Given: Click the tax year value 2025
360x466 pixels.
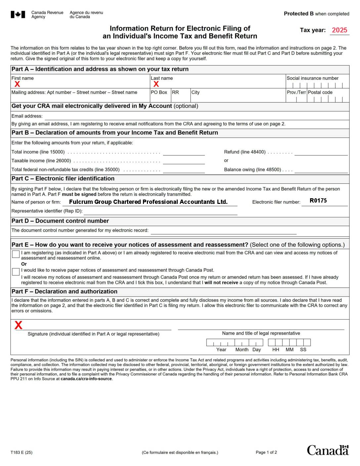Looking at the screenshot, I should click(339, 30).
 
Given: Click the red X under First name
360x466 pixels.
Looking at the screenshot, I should click(17, 84).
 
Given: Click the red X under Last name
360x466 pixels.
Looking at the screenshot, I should click(156, 84).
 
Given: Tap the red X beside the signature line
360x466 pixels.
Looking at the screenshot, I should click(19, 325).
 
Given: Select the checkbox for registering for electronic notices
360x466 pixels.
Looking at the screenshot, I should click(16, 254).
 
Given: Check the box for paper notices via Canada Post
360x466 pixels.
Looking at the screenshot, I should click(16, 272).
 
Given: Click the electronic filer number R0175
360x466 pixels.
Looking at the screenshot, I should click(318, 201).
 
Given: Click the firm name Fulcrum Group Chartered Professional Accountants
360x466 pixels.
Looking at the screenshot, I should click(148, 202).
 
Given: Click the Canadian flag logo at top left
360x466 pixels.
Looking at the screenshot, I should click(18, 15).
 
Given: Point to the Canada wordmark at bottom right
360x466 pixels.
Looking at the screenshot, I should click(328, 450).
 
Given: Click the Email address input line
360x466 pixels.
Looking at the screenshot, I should click(197, 117).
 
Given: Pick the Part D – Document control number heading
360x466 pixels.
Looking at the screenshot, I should click(60, 221).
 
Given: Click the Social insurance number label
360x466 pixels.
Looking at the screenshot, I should click(312, 78).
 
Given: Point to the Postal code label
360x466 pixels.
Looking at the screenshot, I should click(320, 92).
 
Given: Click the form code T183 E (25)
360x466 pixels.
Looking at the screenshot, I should click(22, 452).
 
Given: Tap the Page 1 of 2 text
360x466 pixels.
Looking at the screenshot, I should click(266, 452).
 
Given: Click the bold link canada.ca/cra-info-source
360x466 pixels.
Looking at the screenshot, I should click(86, 379).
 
